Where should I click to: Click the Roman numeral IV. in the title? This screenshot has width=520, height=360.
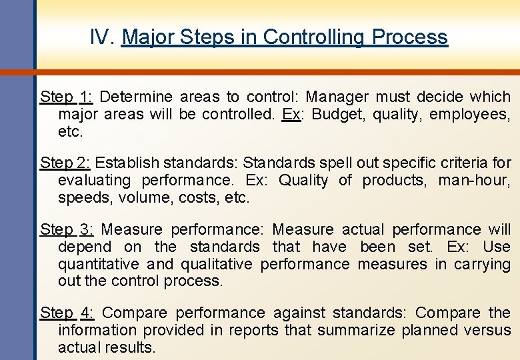tap(103, 37)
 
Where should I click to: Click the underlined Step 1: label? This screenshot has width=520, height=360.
tap(67, 97)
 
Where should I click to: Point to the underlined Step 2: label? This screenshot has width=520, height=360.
tap(67, 163)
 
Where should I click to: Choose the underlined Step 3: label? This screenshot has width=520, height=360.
tap(67, 230)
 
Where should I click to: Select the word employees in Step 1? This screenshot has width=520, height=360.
tap(469, 115)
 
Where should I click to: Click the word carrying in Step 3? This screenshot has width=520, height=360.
tap(482, 264)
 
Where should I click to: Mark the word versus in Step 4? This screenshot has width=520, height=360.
tap(488, 330)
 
